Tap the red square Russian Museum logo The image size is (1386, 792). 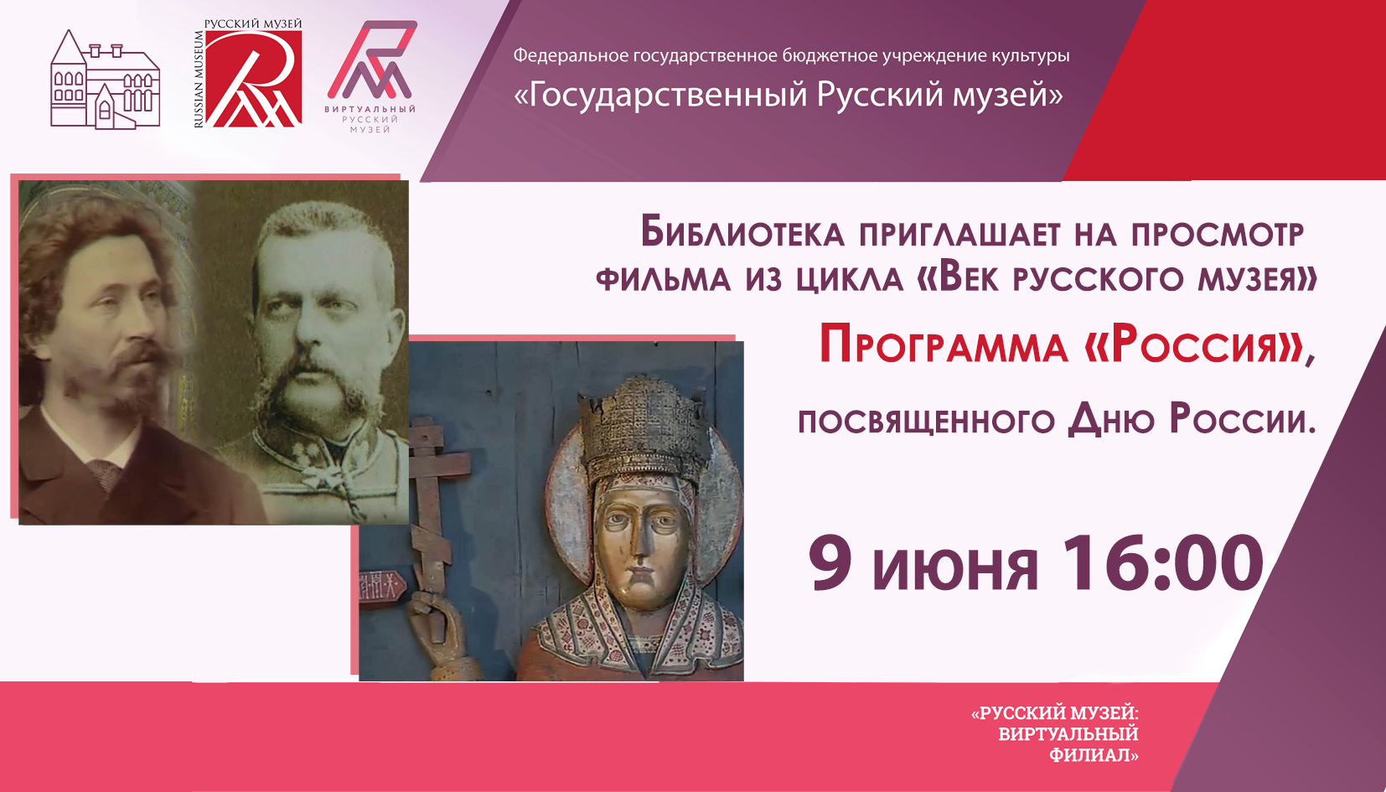pos(254,79)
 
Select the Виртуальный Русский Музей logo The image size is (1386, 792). pos(371,77)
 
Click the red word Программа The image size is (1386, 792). pos(944,345)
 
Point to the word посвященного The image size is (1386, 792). pos(926,422)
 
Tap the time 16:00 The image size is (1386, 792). pos(1163,563)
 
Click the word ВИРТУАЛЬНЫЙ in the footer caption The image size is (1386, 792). pos(1068,734)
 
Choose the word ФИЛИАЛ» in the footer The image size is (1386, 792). pos(1094,755)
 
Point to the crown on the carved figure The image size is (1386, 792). pos(644,427)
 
